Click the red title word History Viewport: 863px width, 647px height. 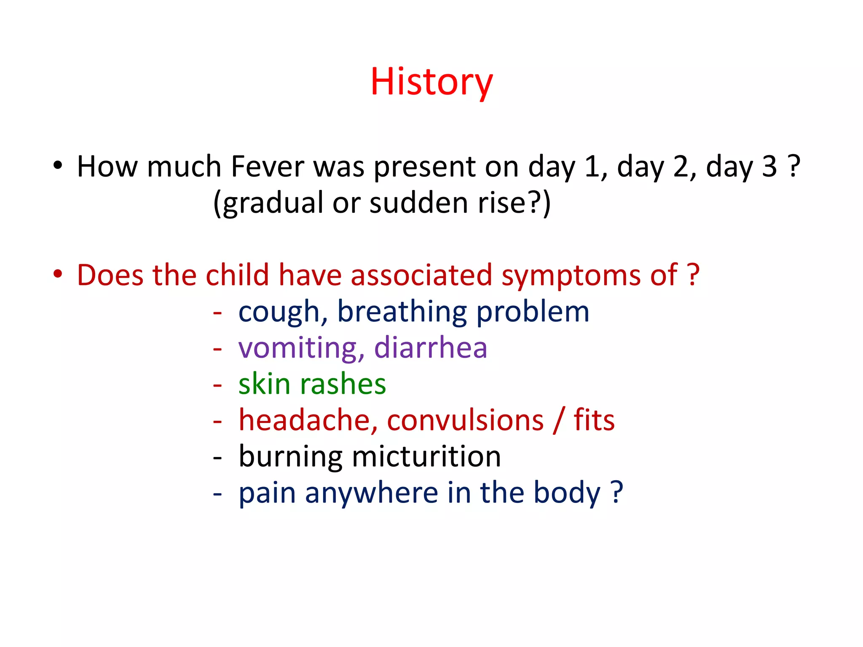click(x=431, y=82)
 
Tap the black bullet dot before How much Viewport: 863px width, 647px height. click(x=58, y=165)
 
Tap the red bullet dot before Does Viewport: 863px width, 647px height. click(x=58, y=274)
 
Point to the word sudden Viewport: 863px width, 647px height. click(x=419, y=203)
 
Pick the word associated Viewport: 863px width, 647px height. click(x=421, y=275)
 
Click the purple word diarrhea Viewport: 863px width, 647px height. click(x=431, y=348)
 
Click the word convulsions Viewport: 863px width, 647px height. click(x=465, y=420)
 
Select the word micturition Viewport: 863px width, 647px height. click(x=426, y=457)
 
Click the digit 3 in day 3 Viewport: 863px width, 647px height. click(x=769, y=167)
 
